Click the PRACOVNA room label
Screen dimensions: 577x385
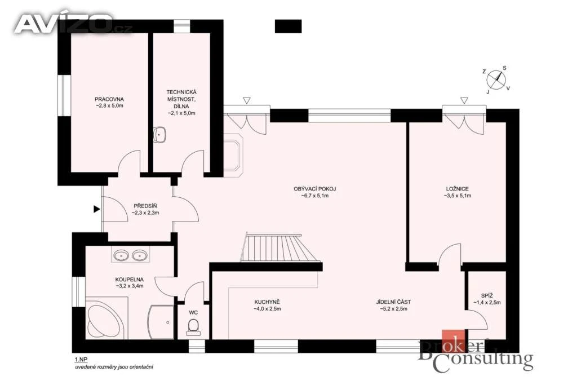[x=109, y=99]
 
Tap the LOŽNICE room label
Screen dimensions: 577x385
[x=457, y=189]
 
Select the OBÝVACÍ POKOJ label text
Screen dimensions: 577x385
[x=314, y=189]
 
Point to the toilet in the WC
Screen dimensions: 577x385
[x=193, y=327]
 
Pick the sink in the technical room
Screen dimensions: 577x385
[x=159, y=135]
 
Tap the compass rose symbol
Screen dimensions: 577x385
[x=496, y=80]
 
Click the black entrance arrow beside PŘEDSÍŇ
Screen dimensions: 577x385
[x=97, y=209]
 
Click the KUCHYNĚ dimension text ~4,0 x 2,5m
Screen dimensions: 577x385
[x=267, y=309]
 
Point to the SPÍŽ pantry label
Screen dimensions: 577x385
[x=487, y=295]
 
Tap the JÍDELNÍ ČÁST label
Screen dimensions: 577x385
[x=393, y=302]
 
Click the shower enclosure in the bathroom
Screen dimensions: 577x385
[x=161, y=322]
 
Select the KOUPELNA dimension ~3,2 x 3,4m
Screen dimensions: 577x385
[x=129, y=286]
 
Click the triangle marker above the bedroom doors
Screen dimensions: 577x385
[x=464, y=100]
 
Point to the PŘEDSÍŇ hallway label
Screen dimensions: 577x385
[x=145, y=206]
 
